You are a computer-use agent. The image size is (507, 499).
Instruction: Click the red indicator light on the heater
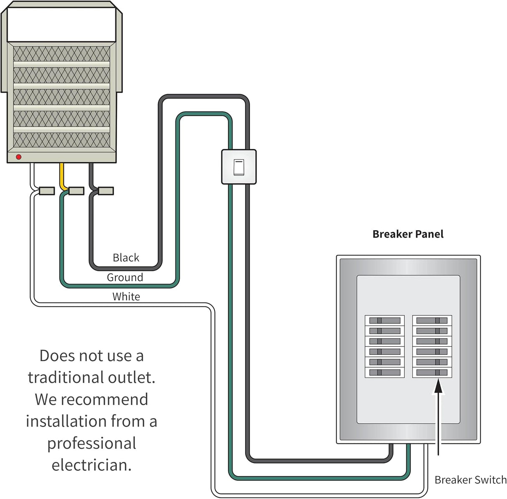18,157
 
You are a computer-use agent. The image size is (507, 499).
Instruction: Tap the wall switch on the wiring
238,167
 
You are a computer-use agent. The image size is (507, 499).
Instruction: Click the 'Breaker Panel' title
408,234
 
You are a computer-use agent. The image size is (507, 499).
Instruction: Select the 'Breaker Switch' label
470,480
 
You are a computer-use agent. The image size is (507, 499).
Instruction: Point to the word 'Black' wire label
126,258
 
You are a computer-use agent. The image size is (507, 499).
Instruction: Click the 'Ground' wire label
125,277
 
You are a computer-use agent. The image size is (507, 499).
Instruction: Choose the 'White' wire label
126,296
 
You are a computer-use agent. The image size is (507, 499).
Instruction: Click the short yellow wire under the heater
62,175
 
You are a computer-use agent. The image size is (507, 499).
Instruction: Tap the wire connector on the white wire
46,191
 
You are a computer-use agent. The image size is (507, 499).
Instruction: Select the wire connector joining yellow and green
76,191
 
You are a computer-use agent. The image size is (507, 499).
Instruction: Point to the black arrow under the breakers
438,413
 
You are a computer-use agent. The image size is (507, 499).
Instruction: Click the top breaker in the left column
385,321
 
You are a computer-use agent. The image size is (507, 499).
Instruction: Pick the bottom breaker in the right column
432,372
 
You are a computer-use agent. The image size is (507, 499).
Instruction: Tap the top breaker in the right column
432,321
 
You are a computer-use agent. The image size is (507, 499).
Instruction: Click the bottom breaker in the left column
385,372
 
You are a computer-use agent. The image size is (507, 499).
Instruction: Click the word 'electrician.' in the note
91,465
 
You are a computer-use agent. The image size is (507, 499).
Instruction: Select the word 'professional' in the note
91,443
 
